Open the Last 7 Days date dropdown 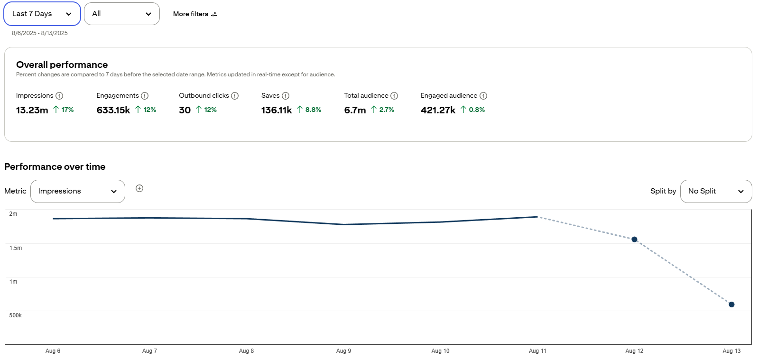click(42, 14)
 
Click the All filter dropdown click(122, 14)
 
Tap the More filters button click(195, 14)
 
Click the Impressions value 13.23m click(32, 110)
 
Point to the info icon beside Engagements click(145, 96)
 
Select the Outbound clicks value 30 click(185, 110)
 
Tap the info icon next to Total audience click(394, 96)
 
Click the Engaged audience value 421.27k click(438, 110)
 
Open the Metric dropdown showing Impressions click(78, 192)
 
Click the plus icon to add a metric click(139, 188)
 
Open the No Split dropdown click(716, 192)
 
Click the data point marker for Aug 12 click(635, 240)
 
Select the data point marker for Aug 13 click(731, 305)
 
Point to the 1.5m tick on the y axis click(16, 248)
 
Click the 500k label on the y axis click(16, 315)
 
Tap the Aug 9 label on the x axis click(343, 351)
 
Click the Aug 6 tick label click(53, 351)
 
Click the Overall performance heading click(62, 65)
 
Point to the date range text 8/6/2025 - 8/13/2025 click(39, 33)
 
